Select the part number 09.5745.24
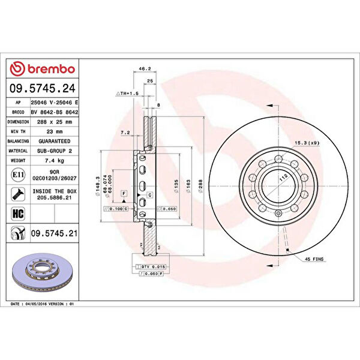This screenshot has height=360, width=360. pos(43,89)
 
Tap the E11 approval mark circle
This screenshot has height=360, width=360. pos(17,175)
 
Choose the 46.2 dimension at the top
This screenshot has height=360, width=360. pos(144,70)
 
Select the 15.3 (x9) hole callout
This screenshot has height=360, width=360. pos(307,142)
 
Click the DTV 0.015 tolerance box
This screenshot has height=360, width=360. pos(146,265)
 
